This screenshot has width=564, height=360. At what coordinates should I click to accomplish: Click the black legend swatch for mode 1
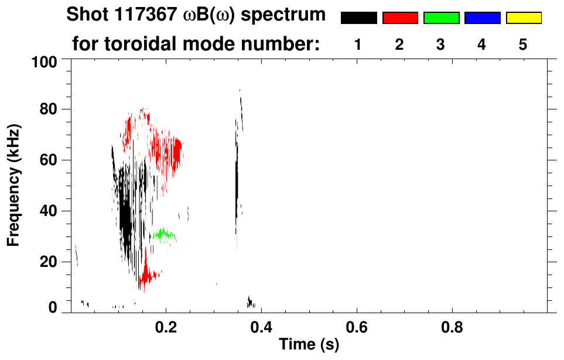coord(358,18)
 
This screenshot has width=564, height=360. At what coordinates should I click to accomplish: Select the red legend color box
coord(400,18)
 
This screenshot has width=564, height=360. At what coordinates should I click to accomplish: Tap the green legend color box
coord(441,18)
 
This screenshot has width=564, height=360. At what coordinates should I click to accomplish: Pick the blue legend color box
coord(482,18)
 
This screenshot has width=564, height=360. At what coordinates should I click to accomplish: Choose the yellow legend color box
coord(523,18)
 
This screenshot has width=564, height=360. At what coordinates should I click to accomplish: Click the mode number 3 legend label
coord(441,44)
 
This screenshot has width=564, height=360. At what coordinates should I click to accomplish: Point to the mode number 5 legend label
coord(523,44)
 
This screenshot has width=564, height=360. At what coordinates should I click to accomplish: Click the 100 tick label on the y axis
coord(44,61)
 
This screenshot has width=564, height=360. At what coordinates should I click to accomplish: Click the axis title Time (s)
coord(308,345)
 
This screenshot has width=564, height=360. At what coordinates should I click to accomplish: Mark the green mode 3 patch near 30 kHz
coord(163,235)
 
